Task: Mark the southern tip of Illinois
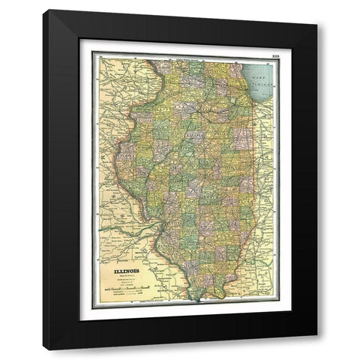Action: pos(197,298)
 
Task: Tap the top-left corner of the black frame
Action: pos(43,10)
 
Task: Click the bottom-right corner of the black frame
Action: pos(316,349)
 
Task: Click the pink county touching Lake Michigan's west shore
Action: pos(244,99)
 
